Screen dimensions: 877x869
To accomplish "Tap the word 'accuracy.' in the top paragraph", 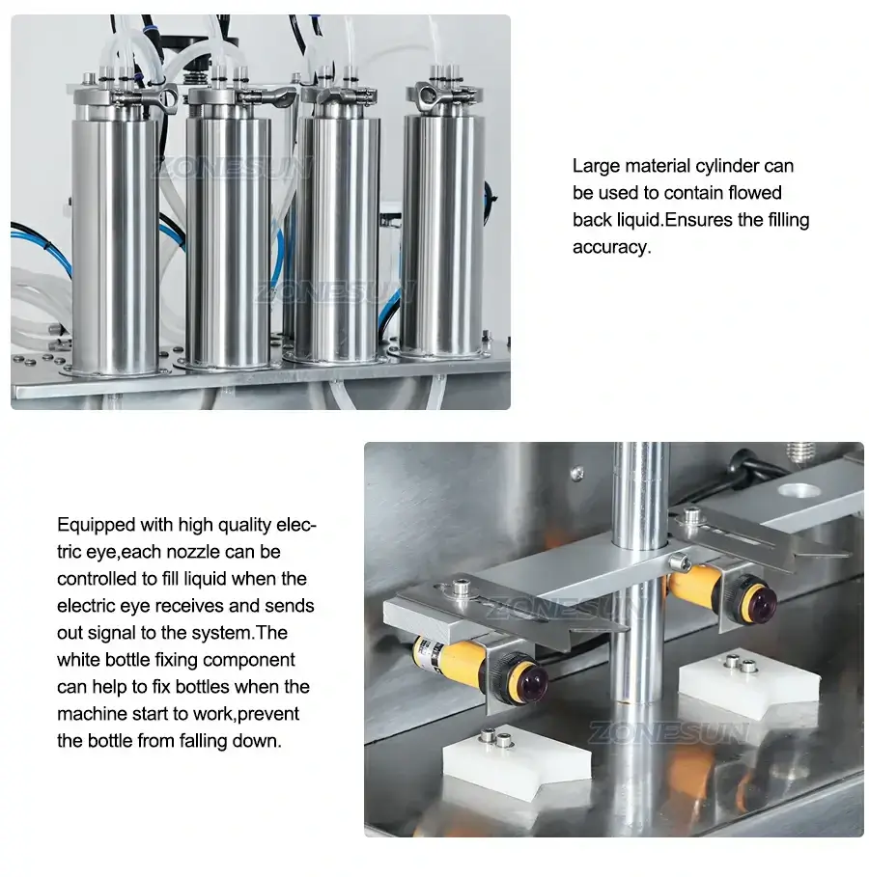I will [611, 247].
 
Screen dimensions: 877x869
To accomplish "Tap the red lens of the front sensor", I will [529, 682].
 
